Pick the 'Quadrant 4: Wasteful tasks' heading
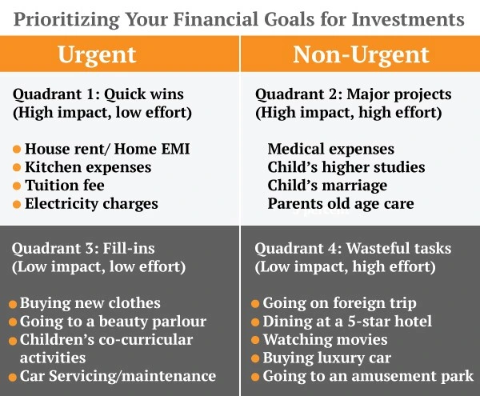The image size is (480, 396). click(349, 248)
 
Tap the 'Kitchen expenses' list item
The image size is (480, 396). click(88, 167)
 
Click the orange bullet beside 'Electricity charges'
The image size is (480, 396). click(17, 204)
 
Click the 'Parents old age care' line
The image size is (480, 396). click(341, 204)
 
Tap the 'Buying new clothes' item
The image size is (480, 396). click(90, 303)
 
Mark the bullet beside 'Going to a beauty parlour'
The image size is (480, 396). click(14, 322)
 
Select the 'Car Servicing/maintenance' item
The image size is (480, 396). click(118, 375)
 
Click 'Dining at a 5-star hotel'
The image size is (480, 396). click(347, 322)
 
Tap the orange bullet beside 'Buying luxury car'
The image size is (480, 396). click(255, 358)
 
